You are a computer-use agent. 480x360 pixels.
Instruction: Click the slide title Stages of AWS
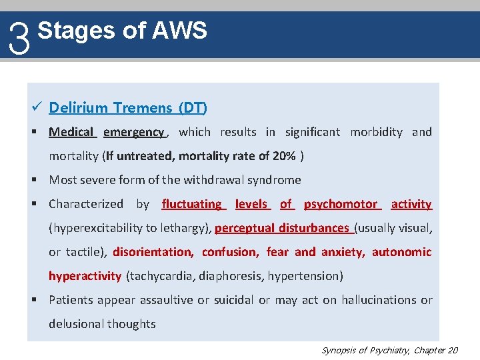[x=122, y=30]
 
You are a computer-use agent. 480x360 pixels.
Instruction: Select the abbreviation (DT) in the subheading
[x=193, y=107]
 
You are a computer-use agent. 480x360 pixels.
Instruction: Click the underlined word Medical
[x=71, y=132]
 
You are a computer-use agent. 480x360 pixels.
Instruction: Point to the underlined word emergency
[x=133, y=132]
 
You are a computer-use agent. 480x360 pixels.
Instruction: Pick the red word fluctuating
[x=191, y=204]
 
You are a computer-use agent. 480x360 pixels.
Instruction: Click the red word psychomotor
[x=341, y=204]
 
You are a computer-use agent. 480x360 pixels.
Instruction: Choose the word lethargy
[x=188, y=228]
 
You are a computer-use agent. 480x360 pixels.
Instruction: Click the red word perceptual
[x=245, y=228]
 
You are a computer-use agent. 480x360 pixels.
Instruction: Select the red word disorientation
[x=153, y=252]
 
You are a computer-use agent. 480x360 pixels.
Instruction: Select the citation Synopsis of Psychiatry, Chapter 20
[x=390, y=350]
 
